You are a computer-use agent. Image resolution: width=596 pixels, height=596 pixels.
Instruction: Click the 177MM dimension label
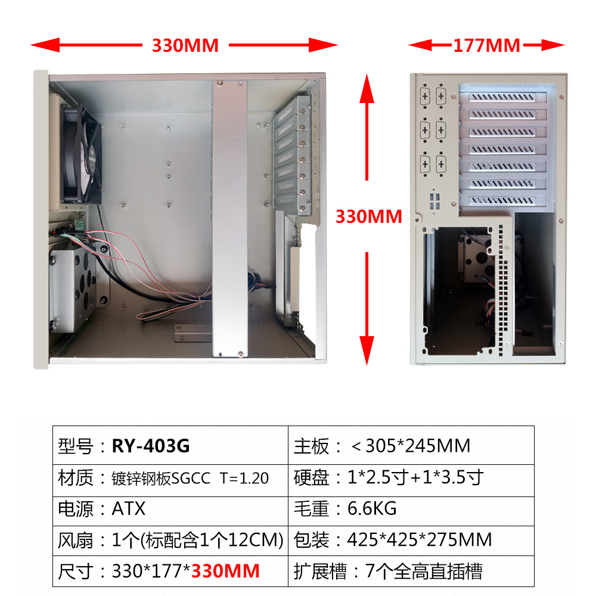pyautogui.click(x=486, y=45)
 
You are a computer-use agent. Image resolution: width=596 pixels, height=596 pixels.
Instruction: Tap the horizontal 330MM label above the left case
pyautogui.click(x=185, y=45)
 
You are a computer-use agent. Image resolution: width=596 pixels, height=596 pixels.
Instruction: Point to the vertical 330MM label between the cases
pyautogui.click(x=368, y=216)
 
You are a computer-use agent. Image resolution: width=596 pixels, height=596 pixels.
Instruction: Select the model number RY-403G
pyautogui.click(x=151, y=446)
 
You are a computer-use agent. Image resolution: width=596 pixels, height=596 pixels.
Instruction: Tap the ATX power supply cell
pyautogui.click(x=128, y=508)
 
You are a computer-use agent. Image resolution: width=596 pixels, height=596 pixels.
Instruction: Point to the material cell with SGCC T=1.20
pyautogui.click(x=190, y=477)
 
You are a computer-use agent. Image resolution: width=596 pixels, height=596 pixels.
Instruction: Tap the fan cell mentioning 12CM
pyautogui.click(x=197, y=540)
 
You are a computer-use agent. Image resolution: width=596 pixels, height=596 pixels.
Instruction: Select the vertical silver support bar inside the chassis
pyautogui.click(x=229, y=218)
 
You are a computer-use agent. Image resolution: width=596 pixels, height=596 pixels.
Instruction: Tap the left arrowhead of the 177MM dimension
pyautogui.click(x=416, y=45)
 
